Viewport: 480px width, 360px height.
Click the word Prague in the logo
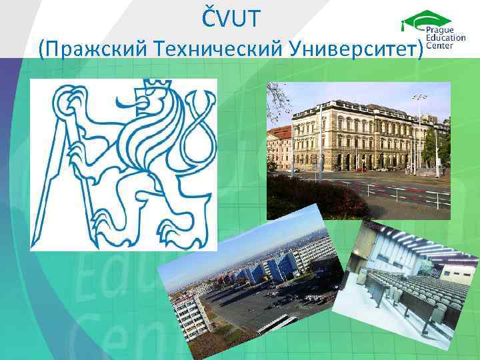point(440,31)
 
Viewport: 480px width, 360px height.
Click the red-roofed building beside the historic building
point(278,147)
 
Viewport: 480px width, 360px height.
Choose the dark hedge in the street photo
point(313,200)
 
